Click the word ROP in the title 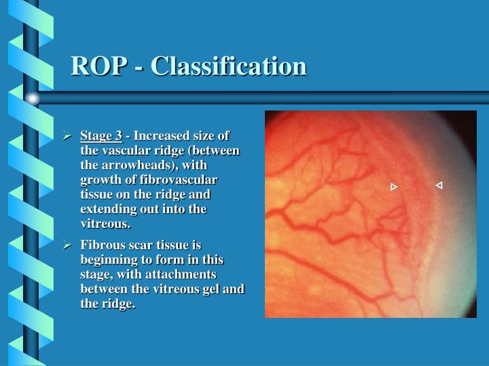98,66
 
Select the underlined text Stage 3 101,135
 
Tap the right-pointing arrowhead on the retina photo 394,187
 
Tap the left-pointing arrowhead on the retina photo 439,185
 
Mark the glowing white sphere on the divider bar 33,98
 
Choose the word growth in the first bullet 99,180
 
